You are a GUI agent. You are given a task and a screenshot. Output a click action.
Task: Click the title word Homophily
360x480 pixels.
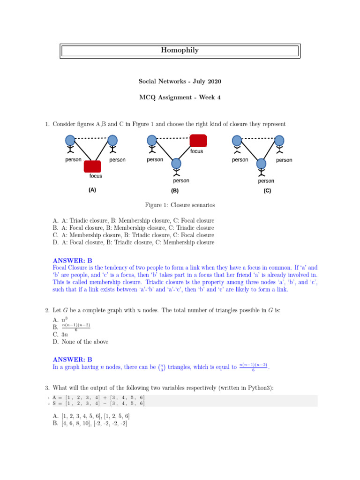tap(180, 51)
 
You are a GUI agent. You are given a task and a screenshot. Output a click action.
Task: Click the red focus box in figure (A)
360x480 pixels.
tap(92, 166)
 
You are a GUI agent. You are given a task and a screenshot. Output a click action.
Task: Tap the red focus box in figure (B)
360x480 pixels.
tap(198, 140)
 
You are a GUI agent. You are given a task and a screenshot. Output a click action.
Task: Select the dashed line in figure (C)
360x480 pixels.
tap(258, 138)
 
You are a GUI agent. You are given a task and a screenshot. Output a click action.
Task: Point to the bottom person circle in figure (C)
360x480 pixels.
tap(261, 163)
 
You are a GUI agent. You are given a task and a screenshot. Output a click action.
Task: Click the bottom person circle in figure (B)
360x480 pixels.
tap(176, 163)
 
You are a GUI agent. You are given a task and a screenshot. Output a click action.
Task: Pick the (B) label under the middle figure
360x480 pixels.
tap(175, 191)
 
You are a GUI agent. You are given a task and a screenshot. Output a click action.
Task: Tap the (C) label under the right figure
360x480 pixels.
tap(267, 191)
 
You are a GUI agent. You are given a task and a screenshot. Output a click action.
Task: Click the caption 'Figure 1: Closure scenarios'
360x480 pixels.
tap(180, 205)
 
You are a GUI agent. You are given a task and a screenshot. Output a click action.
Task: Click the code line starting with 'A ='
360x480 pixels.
tap(98, 397)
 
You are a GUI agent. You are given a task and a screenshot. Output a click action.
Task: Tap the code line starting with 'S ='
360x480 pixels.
tap(98, 403)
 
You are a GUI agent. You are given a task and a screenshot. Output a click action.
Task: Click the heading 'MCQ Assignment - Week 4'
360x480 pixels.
tap(180, 97)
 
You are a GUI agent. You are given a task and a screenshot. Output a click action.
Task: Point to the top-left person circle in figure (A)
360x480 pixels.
tap(70, 140)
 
